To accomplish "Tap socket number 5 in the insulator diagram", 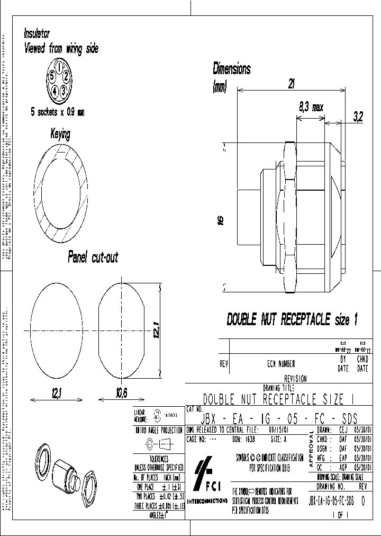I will click(x=51, y=76).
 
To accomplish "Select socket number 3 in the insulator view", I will click(x=63, y=91).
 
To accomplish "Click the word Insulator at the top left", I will click(x=37, y=33).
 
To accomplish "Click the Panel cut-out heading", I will click(x=93, y=258).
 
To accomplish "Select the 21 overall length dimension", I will click(x=291, y=83).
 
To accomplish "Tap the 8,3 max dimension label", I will click(x=311, y=107).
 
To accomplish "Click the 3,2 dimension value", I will click(x=357, y=118).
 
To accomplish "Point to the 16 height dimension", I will click(x=221, y=219).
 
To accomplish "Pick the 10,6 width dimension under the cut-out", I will click(x=121, y=392).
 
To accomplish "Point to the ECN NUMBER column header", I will click(x=281, y=364).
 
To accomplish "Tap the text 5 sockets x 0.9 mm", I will click(x=57, y=112).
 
